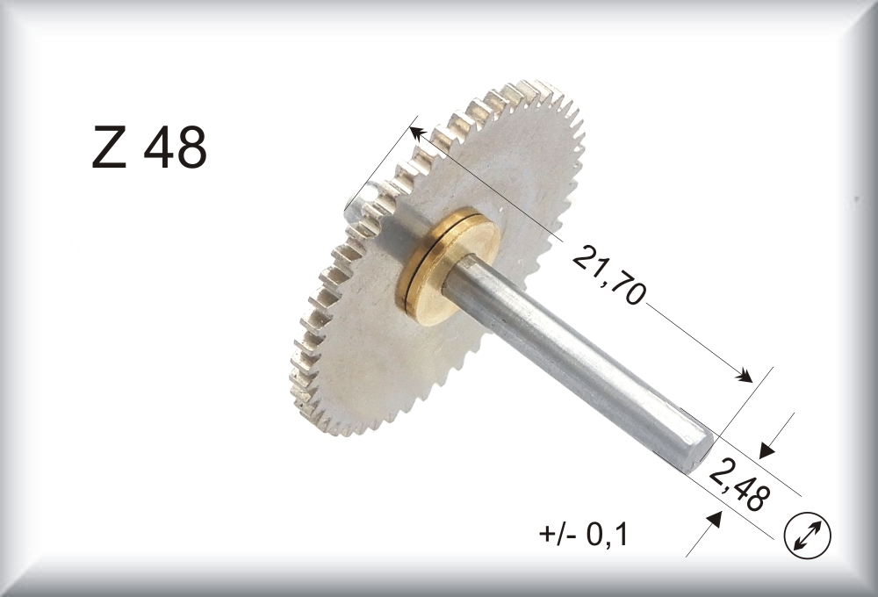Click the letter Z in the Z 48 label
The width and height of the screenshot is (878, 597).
109,147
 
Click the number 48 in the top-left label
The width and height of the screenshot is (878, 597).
176,147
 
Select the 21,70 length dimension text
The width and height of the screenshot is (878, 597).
609,275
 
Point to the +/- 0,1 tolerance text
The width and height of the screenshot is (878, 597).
584,535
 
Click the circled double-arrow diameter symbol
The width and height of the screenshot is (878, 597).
808,535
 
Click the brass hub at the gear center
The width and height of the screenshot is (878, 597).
448,266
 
